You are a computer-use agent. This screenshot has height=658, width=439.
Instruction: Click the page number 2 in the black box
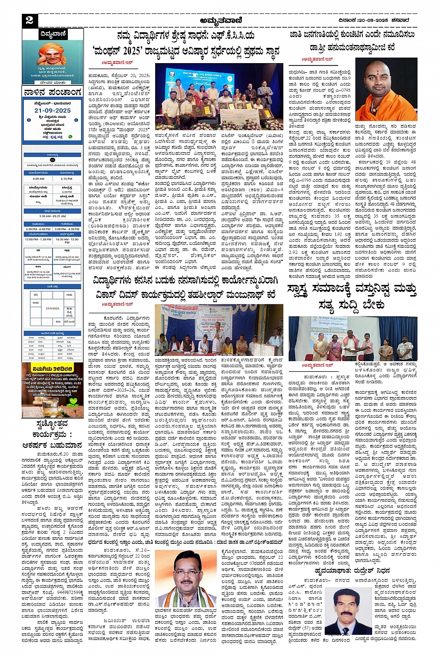30,20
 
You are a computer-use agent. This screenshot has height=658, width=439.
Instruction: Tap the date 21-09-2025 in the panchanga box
52,110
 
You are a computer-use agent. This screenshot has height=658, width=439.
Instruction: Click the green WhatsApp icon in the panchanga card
71,137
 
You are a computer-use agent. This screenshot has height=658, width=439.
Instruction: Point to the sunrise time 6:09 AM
39,179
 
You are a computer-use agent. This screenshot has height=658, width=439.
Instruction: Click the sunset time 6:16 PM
66,179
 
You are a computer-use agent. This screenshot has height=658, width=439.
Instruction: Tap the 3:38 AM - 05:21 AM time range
52,216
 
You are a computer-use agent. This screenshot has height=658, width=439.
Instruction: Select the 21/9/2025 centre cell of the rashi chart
52,308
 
